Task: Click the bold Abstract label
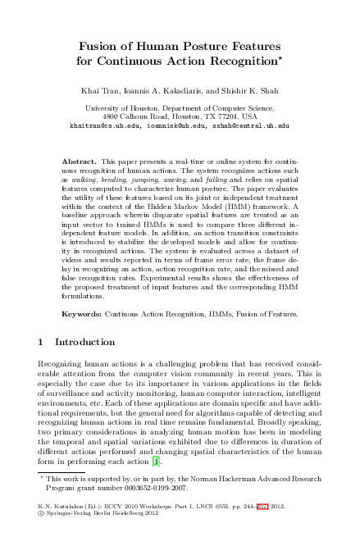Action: pyautogui.click(x=80, y=154)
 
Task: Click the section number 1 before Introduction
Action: pyautogui.click(x=43, y=342)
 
